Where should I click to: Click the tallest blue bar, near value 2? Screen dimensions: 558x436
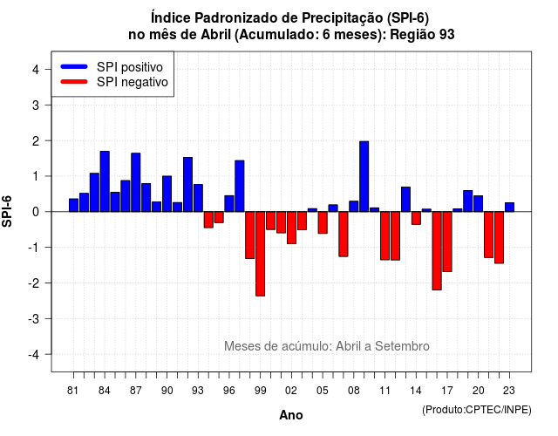coord(364,176)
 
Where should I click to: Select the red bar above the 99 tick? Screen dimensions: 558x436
coord(260,254)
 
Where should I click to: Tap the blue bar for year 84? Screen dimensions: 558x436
coord(105,181)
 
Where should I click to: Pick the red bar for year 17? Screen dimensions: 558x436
coord(447,242)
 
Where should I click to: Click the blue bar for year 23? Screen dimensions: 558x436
coord(509,208)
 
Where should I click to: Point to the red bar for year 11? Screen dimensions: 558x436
coord(384,235)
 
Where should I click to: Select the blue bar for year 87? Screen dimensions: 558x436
coord(136,182)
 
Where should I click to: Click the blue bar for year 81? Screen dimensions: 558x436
coord(73,206)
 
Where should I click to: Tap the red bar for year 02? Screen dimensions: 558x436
coord(291,228)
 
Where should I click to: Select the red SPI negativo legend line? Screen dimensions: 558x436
coord(74,82)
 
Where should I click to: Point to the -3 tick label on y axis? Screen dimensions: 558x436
coord(34,319)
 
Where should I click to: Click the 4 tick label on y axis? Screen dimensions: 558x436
coord(36,70)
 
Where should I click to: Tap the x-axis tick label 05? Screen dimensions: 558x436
coord(323,391)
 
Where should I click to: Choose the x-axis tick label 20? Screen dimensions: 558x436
coord(479,391)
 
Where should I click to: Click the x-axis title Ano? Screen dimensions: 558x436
coord(291,415)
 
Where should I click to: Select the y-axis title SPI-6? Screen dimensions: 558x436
coord(7,211)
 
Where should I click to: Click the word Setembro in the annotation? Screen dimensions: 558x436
coord(402,346)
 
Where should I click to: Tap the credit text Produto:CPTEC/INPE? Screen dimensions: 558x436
coord(477,410)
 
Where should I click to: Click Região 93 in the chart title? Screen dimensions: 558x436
coord(422,35)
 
